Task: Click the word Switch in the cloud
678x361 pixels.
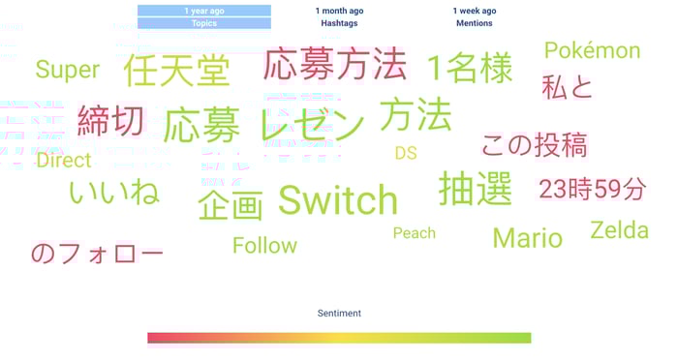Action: click(x=338, y=200)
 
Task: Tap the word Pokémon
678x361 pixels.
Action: click(x=592, y=50)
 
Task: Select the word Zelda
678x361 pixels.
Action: click(x=619, y=230)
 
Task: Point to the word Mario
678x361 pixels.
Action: click(x=527, y=237)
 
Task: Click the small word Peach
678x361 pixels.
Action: click(x=415, y=233)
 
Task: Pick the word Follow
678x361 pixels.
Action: click(x=264, y=246)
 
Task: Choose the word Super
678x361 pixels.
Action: click(x=68, y=70)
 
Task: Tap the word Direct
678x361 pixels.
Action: click(x=64, y=161)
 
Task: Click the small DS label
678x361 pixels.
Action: click(x=405, y=153)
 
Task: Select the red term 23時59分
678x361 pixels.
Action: click(x=592, y=190)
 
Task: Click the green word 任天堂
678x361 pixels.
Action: click(x=176, y=71)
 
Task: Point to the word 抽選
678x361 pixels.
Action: click(x=475, y=189)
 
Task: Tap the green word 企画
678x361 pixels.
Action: click(x=231, y=204)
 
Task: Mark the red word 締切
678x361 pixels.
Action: click(x=110, y=121)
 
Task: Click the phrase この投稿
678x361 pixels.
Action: click(x=534, y=145)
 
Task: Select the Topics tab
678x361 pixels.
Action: click(x=204, y=23)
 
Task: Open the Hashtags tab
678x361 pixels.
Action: click(x=339, y=23)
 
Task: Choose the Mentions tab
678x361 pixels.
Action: click(x=475, y=23)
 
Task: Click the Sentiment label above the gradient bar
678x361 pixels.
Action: click(x=339, y=314)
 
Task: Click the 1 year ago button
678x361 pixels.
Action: click(x=204, y=11)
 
